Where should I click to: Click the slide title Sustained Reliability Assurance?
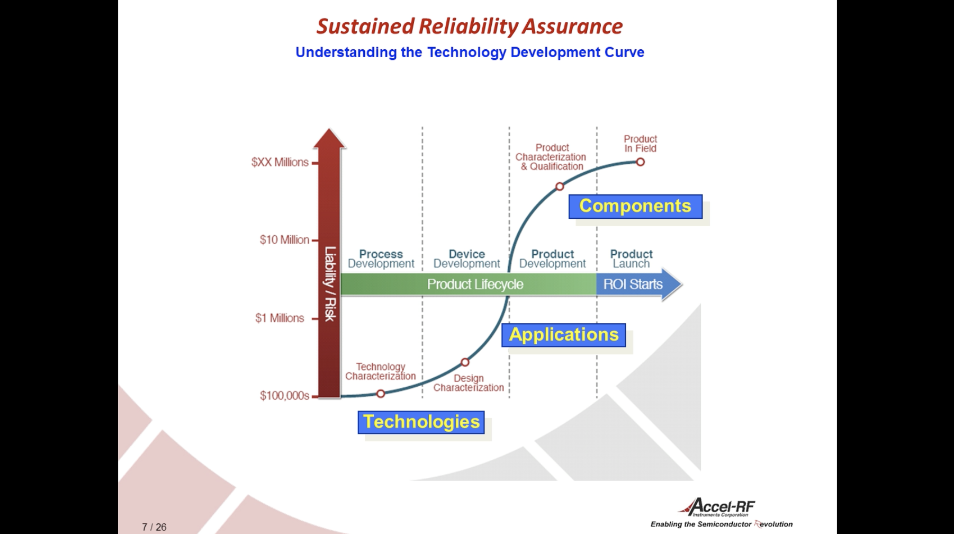(x=469, y=26)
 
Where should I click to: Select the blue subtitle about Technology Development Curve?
(x=470, y=52)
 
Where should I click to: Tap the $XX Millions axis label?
(x=280, y=162)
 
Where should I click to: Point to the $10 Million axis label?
(x=284, y=240)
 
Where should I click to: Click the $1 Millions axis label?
(x=280, y=318)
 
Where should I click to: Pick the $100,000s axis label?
(x=284, y=396)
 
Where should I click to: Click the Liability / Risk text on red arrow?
(x=330, y=283)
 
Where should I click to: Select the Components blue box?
(x=635, y=206)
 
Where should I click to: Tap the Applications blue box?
(x=564, y=335)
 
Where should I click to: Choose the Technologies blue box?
(x=421, y=422)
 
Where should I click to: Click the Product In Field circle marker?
(x=641, y=162)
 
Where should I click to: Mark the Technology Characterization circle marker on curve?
(x=381, y=394)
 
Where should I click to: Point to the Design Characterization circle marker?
(x=465, y=362)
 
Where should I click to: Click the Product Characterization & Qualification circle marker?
(x=560, y=186)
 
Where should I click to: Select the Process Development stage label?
(x=381, y=259)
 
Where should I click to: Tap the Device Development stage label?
(x=466, y=259)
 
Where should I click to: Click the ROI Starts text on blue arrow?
(x=633, y=284)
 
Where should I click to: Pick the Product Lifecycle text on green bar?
(x=475, y=284)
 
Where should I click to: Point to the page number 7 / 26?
(x=154, y=527)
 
